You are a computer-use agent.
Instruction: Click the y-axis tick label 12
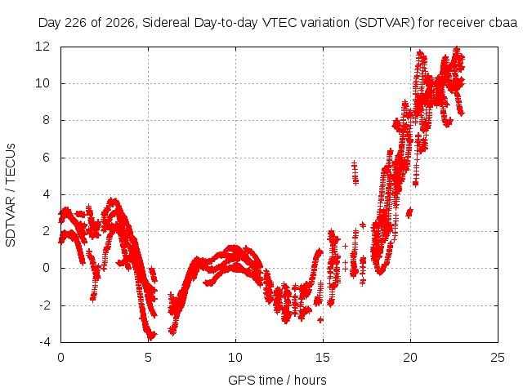(x=42, y=46)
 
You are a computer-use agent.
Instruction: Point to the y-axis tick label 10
(x=42, y=83)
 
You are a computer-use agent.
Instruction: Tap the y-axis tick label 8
(x=46, y=120)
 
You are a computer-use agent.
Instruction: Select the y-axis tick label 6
(x=46, y=157)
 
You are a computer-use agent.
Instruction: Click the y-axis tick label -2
(x=44, y=305)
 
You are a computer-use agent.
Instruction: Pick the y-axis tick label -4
(x=44, y=342)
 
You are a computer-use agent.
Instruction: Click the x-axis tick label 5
(x=148, y=358)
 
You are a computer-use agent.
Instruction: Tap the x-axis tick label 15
(x=323, y=358)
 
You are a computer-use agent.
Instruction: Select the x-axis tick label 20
(x=410, y=358)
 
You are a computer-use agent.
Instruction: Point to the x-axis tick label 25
(x=498, y=358)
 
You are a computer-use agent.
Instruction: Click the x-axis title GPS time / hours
(x=277, y=380)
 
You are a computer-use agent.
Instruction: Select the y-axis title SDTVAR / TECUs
(x=11, y=195)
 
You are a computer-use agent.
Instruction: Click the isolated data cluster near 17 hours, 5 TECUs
(x=355, y=172)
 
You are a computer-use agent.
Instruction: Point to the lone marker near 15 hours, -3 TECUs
(x=320, y=319)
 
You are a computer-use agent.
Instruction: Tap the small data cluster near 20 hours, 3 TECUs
(x=409, y=212)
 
